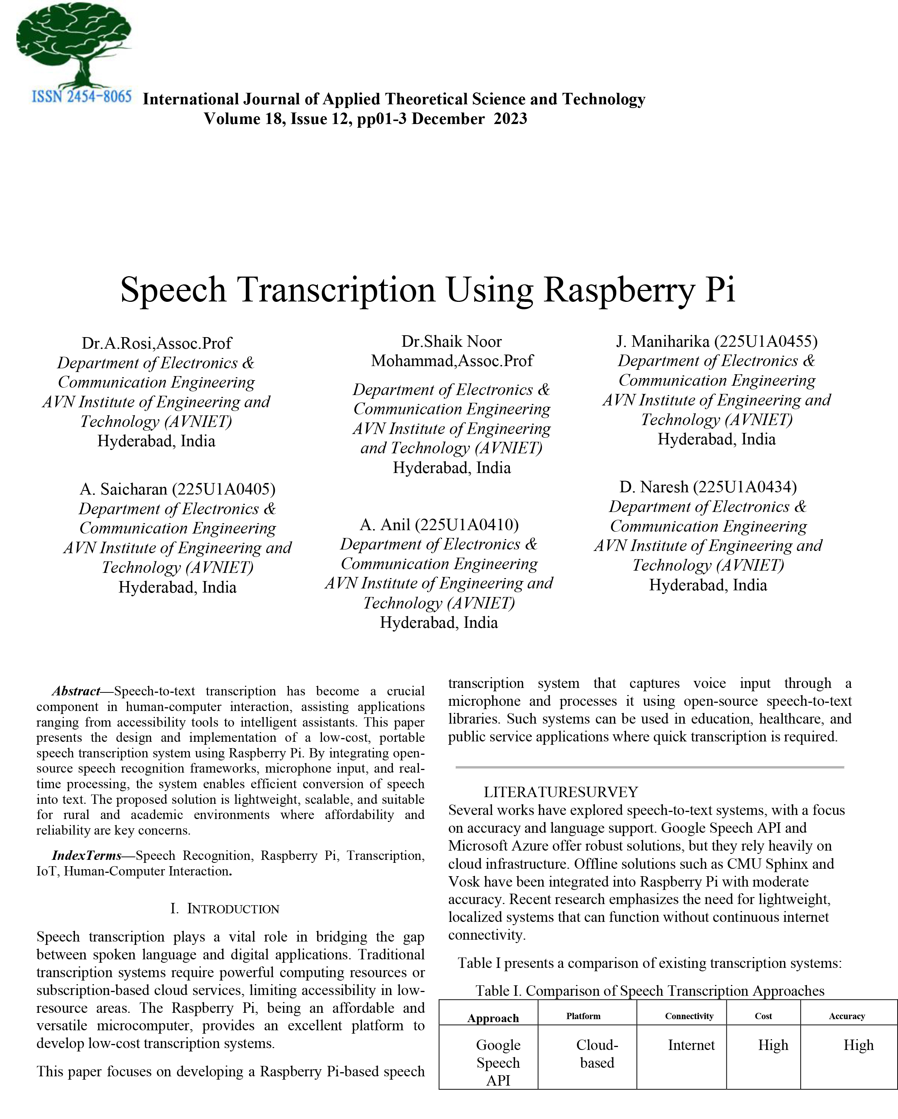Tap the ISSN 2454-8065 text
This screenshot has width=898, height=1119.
[81, 97]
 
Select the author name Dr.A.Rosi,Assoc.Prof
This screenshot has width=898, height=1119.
[156, 343]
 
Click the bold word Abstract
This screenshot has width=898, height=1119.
[76, 691]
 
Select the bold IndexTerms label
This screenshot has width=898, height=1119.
[86, 855]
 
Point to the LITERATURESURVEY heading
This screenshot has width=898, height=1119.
[561, 792]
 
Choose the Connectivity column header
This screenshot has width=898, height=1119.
[689, 1016]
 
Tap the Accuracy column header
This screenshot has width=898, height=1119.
[847, 1016]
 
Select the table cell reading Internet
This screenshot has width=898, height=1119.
[691, 1045]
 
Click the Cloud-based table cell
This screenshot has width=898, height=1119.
[597, 1054]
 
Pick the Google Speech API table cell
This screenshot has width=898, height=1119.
[498, 1063]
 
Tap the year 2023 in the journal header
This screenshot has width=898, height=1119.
[510, 119]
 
